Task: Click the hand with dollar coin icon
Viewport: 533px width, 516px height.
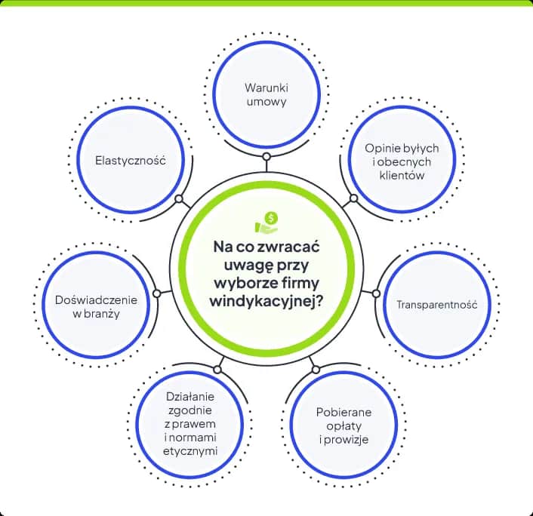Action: coord(266,220)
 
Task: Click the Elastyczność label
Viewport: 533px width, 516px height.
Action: coord(131,161)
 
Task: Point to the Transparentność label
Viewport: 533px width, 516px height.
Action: coord(437,305)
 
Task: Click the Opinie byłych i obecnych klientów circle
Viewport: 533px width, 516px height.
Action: coord(402,161)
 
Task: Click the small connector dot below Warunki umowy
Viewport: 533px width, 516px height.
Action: coord(266,157)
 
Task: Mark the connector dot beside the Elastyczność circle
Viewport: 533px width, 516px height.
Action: coord(179,200)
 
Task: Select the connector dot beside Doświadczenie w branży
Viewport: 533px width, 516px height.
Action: coord(156,293)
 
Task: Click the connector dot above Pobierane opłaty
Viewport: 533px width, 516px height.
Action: coord(316,370)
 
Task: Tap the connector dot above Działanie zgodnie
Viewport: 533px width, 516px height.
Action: coord(217,370)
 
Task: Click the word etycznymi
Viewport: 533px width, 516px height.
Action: coord(192,451)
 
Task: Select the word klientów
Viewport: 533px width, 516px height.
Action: coord(402,175)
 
